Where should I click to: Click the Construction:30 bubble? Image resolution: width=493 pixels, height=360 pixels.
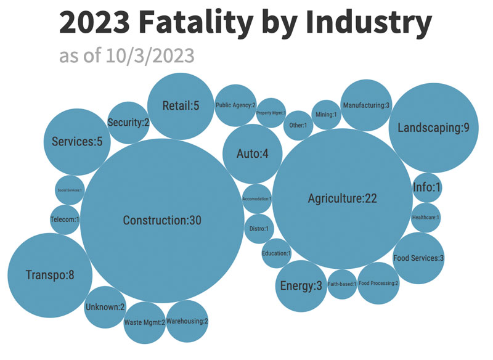coord(162,221)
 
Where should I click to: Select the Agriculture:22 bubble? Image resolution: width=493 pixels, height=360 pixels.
coord(342,198)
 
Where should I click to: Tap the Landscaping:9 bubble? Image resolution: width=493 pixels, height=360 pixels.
coord(434,128)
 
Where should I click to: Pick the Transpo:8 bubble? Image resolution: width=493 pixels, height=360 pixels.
coord(50,275)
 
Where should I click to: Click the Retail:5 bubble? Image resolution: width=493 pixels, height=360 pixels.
coord(181,106)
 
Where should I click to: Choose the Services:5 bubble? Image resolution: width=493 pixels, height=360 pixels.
coord(76,142)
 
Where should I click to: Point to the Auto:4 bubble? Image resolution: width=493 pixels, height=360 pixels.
coord(252,153)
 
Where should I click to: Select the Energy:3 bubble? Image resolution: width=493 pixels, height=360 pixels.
coord(301,286)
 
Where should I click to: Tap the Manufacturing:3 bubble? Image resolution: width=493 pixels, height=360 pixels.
coord(366,105)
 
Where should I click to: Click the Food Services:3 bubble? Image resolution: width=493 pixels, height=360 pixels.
coord(418,258)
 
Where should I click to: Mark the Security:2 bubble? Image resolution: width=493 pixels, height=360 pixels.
coord(128,123)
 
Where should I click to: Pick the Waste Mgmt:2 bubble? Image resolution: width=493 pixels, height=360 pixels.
coord(145,322)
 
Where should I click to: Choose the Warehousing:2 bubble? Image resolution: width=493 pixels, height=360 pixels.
coord(187,321)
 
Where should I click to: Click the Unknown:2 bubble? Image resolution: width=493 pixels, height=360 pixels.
coord(105,307)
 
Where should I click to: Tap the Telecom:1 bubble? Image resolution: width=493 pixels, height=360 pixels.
coord(65,219)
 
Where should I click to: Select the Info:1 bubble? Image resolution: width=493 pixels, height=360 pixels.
coord(427,189)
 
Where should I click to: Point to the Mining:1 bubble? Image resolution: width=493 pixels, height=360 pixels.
coord(326,115)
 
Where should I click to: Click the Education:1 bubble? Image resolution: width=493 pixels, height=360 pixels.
coord(276,253)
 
